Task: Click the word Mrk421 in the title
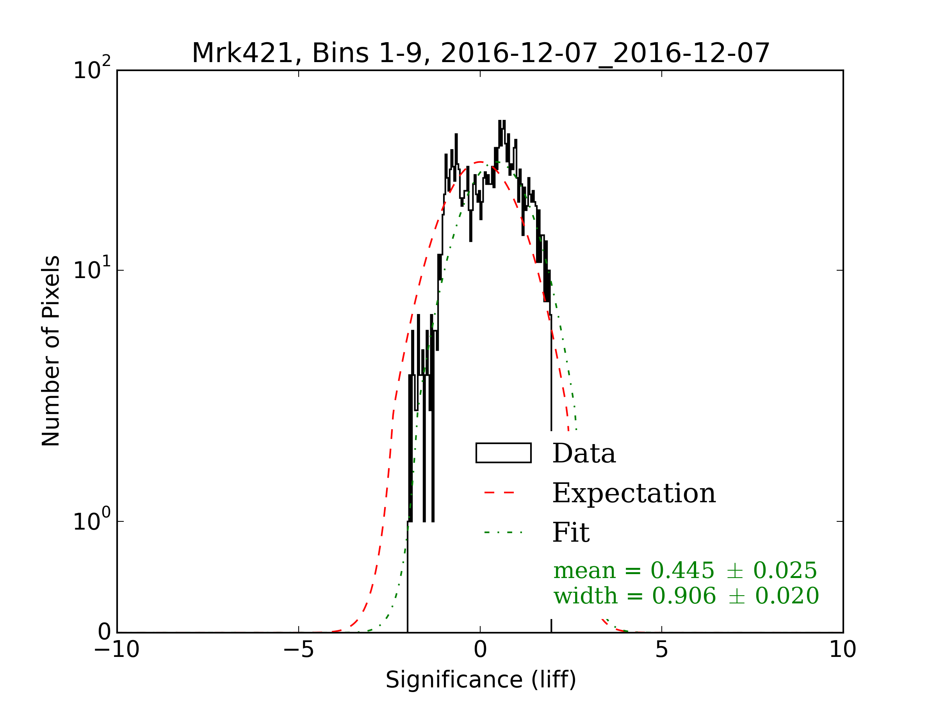(242, 54)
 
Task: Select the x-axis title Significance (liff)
(480, 680)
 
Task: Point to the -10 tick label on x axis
(116, 649)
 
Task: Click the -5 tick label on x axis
(298, 649)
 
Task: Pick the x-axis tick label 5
(662, 649)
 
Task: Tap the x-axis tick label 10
(843, 649)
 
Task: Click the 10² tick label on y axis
(91, 70)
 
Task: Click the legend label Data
(584, 453)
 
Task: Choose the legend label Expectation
(634, 493)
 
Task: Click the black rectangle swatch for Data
(503, 453)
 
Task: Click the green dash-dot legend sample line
(503, 532)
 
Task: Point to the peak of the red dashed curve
(479, 162)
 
